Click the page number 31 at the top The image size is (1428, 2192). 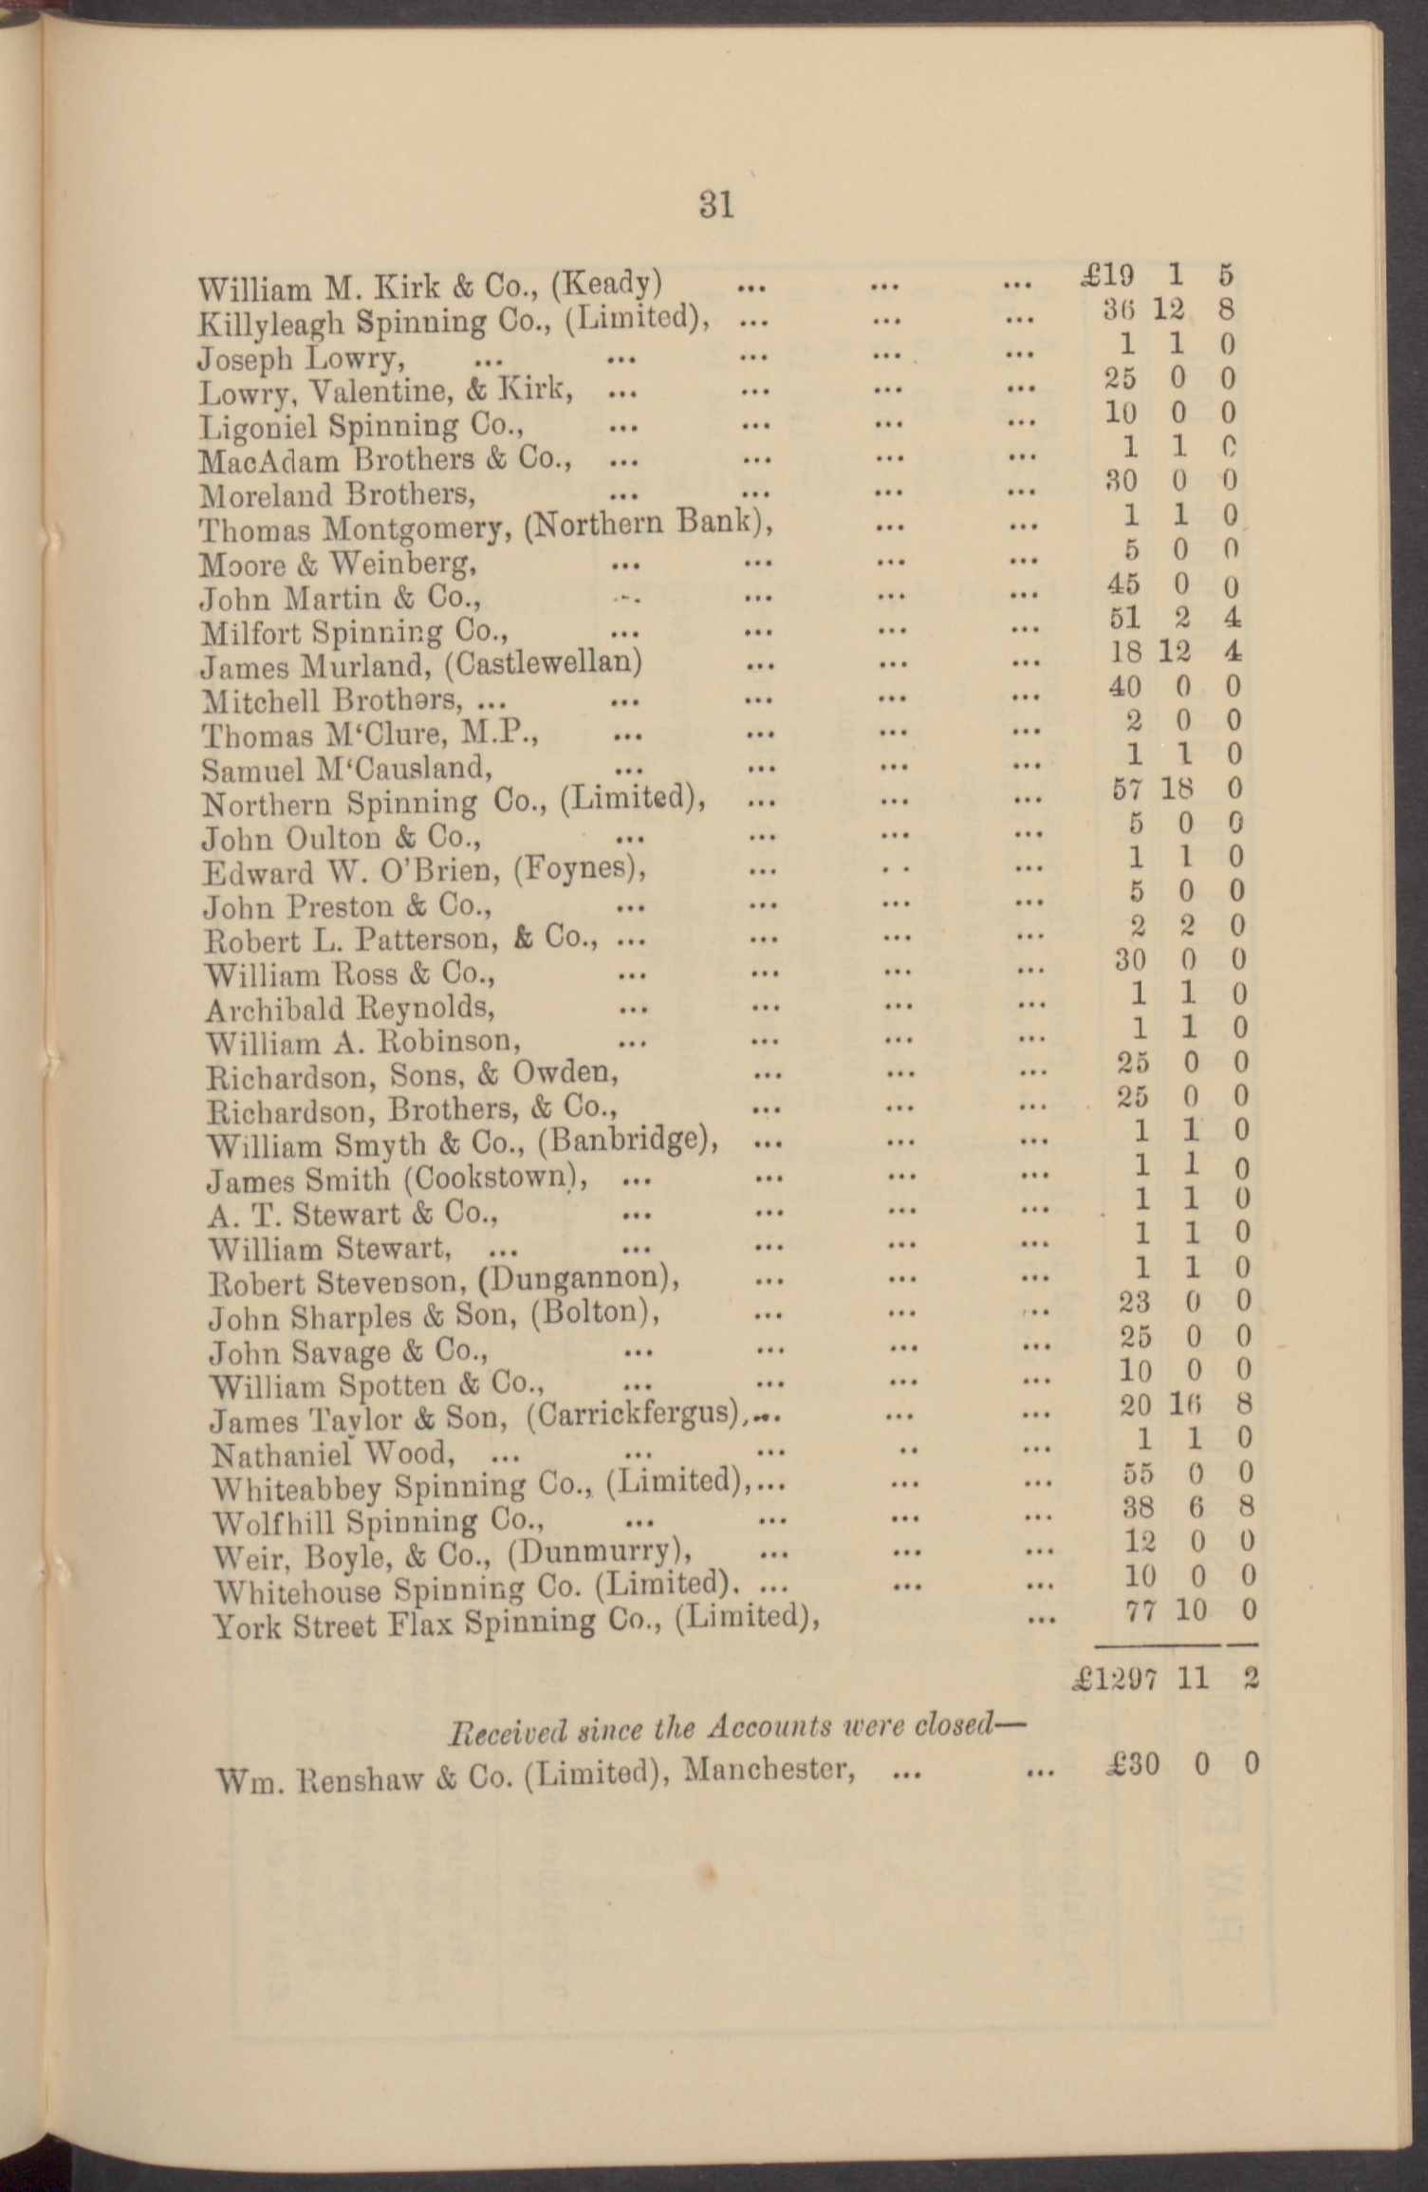coord(716,204)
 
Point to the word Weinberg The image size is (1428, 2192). coord(399,564)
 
